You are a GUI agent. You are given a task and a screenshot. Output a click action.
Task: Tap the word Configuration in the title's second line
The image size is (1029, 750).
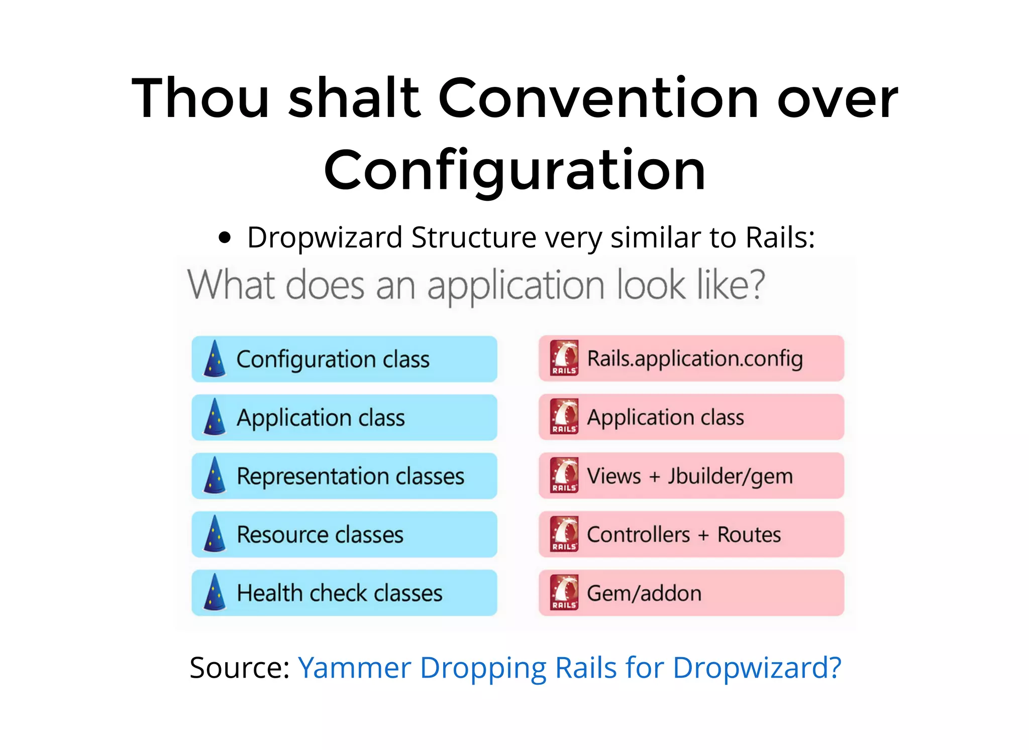pos(515,171)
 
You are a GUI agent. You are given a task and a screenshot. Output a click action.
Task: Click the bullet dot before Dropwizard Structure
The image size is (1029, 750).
pos(225,237)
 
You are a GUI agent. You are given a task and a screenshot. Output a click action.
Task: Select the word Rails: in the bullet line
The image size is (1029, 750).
pos(780,237)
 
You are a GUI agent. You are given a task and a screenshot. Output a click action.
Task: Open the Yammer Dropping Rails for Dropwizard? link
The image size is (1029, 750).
pos(569,668)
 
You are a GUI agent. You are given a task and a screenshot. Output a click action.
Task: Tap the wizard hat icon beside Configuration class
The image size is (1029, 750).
pos(215,359)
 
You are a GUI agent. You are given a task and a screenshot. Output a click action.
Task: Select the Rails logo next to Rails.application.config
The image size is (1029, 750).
pos(564,358)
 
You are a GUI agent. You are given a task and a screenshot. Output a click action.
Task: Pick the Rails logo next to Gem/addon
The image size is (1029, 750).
pos(564,592)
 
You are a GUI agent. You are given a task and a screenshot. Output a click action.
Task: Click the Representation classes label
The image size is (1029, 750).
pos(350,476)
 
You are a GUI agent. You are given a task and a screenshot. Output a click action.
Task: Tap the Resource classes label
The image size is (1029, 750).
pos(320,534)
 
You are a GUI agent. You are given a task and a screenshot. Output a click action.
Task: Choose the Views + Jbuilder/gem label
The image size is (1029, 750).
pos(690,476)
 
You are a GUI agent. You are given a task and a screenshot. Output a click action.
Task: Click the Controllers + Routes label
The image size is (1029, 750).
pos(684,534)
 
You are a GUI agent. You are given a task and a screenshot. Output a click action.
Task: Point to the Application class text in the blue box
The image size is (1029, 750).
pos(321,418)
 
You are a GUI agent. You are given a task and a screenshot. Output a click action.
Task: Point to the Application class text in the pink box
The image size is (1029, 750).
pos(666,417)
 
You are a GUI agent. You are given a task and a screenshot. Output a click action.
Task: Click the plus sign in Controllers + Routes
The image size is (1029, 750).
pos(703,535)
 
